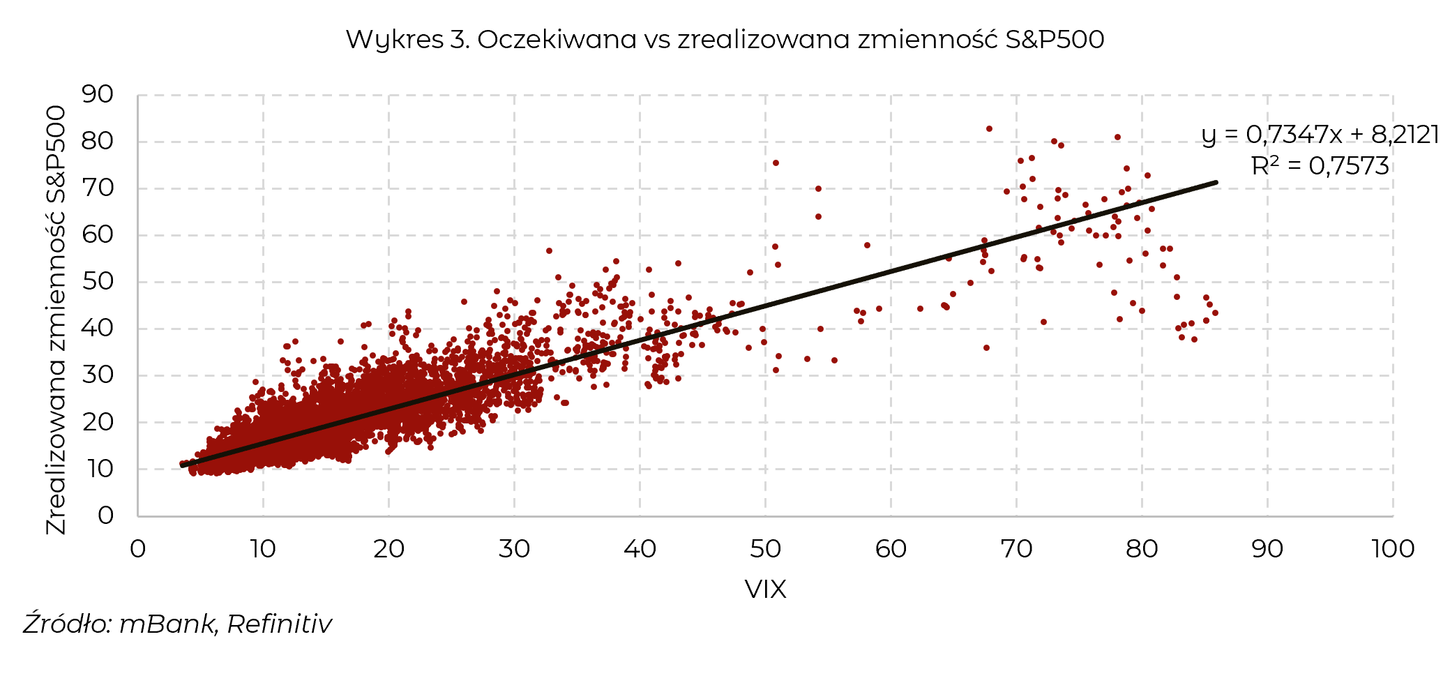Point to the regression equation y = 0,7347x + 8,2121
pyautogui.click(x=1320, y=134)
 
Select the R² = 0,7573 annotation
pyautogui.click(x=1320, y=166)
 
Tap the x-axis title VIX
pyautogui.click(x=765, y=589)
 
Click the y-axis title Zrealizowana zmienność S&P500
pyautogui.click(x=56, y=320)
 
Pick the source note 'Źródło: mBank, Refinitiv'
pyautogui.click(x=178, y=624)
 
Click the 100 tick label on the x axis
pyautogui.click(x=1392, y=549)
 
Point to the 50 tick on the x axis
pyautogui.click(x=765, y=549)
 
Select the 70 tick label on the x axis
pyautogui.click(x=1016, y=549)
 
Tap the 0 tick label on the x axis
pyautogui.click(x=138, y=549)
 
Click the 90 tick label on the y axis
pyautogui.click(x=98, y=94)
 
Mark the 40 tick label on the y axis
pyautogui.click(x=98, y=328)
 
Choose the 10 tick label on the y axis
pyautogui.click(x=98, y=469)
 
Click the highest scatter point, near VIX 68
pyautogui.click(x=989, y=129)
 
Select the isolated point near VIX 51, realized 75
pyautogui.click(x=776, y=163)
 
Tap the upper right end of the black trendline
pyautogui.click(x=1215, y=183)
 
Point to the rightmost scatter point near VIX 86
pyautogui.click(x=1215, y=313)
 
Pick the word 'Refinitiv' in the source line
pyautogui.click(x=280, y=624)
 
